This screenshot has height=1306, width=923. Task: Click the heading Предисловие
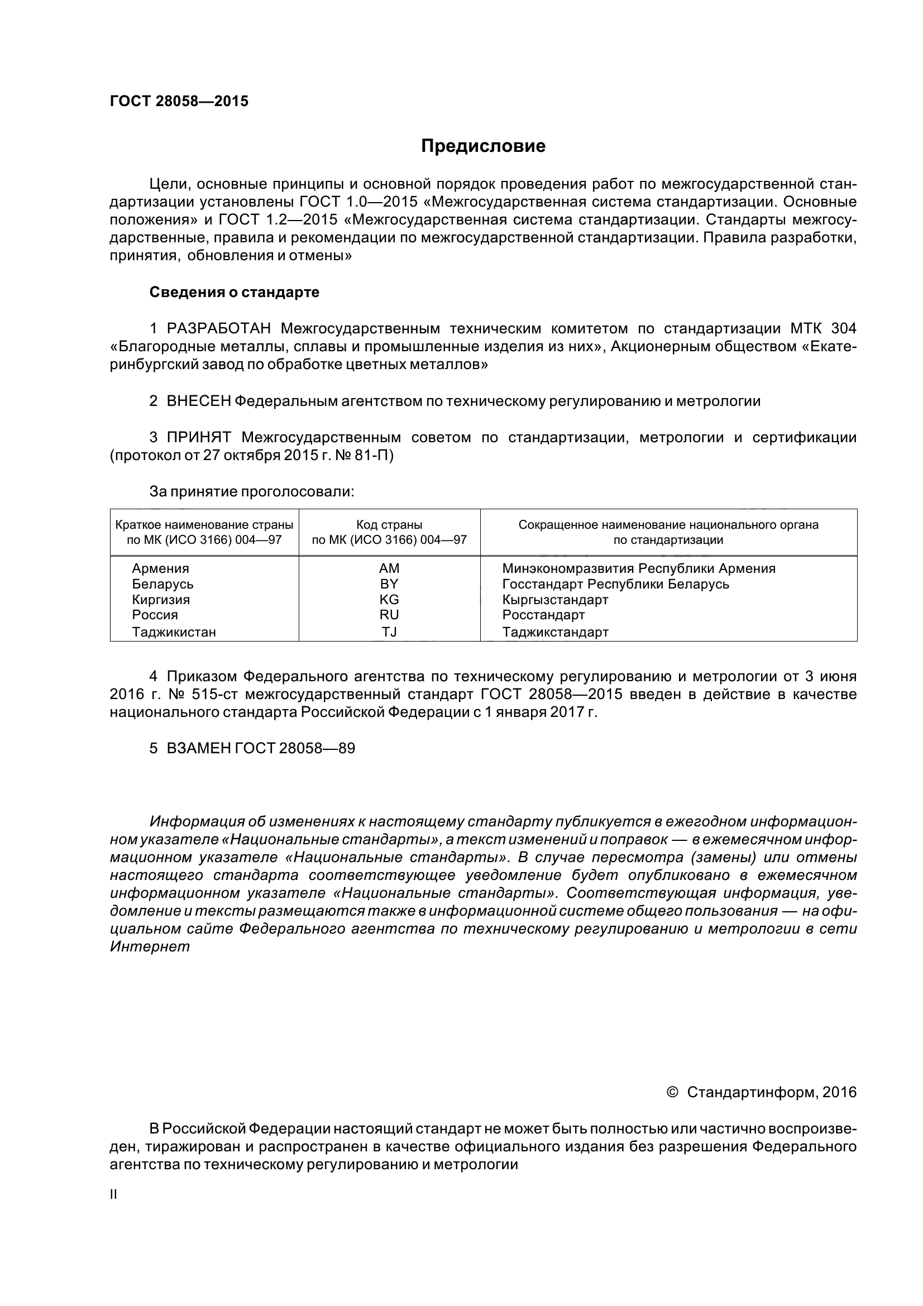(483, 146)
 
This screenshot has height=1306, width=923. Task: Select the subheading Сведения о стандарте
(234, 293)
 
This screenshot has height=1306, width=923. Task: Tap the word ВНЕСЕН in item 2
(198, 401)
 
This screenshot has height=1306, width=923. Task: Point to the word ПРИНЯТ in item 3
(198, 437)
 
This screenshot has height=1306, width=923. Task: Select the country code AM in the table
(389, 568)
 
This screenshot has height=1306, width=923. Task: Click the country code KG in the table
(389, 600)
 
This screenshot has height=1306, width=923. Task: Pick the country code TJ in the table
(389, 632)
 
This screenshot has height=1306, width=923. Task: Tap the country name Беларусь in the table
(162, 584)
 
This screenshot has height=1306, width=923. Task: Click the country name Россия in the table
(155, 615)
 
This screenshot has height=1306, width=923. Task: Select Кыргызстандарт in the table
(555, 600)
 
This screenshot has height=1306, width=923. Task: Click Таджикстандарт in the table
(555, 632)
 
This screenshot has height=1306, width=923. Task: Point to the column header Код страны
(389, 525)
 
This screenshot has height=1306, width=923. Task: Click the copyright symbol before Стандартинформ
(672, 1092)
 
